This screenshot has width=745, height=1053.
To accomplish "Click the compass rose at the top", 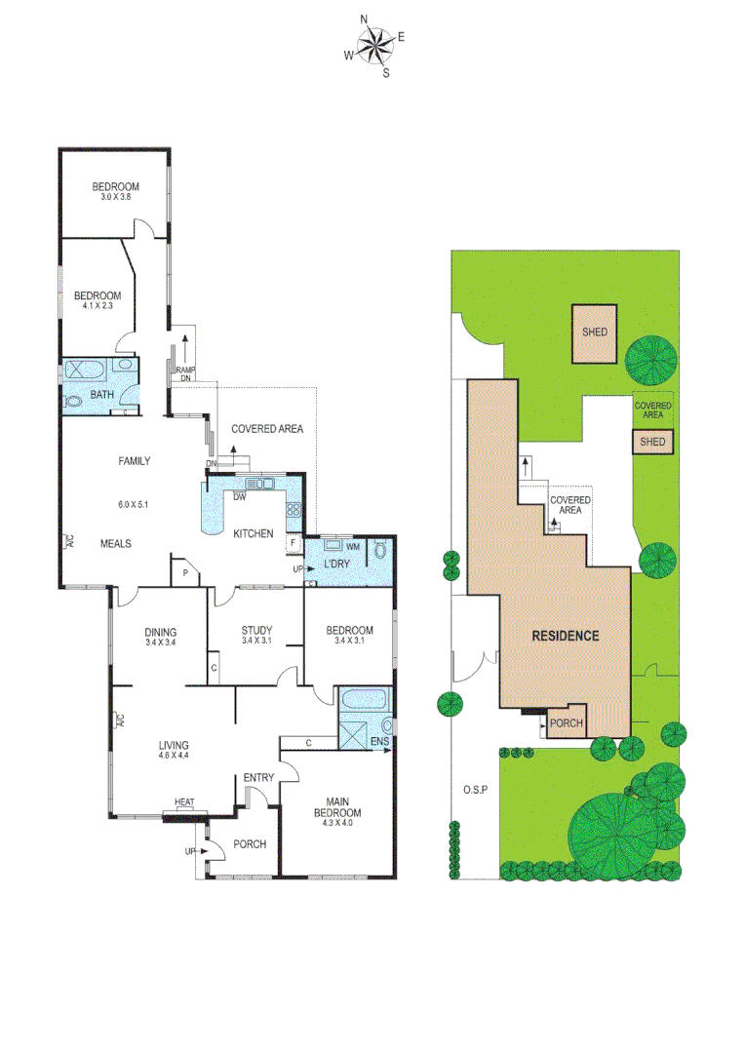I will coord(373,45).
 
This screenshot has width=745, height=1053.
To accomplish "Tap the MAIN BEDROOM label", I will coord(337,807).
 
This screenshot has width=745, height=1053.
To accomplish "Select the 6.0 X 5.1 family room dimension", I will coord(134,505).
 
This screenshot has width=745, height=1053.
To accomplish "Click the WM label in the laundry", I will coord(352,547).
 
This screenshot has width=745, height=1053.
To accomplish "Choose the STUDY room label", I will coord(256,630).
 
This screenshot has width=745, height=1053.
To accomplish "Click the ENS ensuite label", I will coord(379,742).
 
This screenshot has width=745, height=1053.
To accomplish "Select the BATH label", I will coord(101,395).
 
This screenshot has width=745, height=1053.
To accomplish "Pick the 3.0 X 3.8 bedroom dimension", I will coord(115,197).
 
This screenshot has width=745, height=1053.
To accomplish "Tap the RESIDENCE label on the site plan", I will coord(565,636).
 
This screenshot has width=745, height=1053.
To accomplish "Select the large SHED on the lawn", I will coord(595,332).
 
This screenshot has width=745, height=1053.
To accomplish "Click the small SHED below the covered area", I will coord(652,442).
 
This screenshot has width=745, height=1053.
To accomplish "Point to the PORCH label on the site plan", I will coord(567,723).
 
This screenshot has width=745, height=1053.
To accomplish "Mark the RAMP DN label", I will coord(184,373).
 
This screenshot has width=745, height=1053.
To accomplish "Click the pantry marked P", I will coord(183,573).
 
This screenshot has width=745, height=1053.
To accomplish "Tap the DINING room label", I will coord(159,630).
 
